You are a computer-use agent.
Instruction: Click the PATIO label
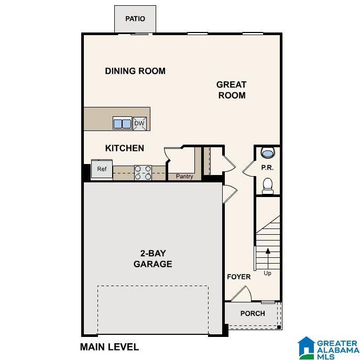pyautogui.click(x=135, y=19)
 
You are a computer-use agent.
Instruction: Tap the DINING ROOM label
pyautogui.click(x=135, y=71)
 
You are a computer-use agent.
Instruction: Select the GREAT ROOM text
pyautogui.click(x=231, y=90)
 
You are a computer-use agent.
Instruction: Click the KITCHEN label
pyautogui.click(x=125, y=148)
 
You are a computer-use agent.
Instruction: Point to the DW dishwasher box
pyautogui.click(x=139, y=124)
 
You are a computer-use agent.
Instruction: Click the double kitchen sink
pyautogui.click(x=122, y=124)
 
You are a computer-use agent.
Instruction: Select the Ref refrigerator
pyautogui.click(x=102, y=169)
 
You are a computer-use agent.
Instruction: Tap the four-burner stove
pyautogui.click(x=143, y=172)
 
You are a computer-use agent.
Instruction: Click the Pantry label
pyautogui.click(x=184, y=177)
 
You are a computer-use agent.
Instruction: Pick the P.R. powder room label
pyautogui.click(x=268, y=168)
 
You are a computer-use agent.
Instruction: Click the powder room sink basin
pyautogui.click(x=267, y=154)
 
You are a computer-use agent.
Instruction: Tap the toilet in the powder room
pyautogui.click(x=267, y=185)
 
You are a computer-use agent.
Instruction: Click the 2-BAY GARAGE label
pyautogui.click(x=152, y=259)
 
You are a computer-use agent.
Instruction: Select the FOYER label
pyautogui.click(x=238, y=277)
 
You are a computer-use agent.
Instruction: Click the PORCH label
pyautogui.click(x=253, y=313)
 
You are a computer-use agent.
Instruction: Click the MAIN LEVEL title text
pyautogui.click(x=109, y=347)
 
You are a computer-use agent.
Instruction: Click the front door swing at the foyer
pyautogui.click(x=242, y=294)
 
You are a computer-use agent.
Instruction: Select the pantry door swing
pyautogui.click(x=172, y=154)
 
